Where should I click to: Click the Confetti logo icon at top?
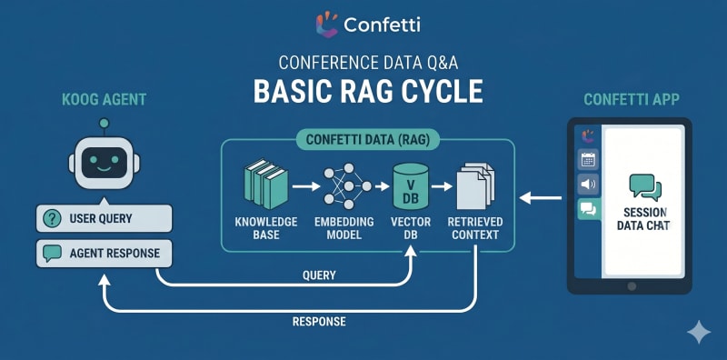pyautogui.click(x=327, y=25)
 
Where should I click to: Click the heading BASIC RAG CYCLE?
pyautogui.click(x=368, y=91)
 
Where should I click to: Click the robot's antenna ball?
pyautogui.click(x=105, y=123)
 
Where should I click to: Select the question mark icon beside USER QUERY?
pyautogui.click(x=52, y=218)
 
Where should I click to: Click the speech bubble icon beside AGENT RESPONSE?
pyautogui.click(x=52, y=254)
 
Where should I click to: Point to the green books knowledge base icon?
pyautogui.click(x=265, y=184)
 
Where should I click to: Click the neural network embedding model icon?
pyautogui.click(x=348, y=186)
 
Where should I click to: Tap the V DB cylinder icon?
pyautogui.click(x=411, y=186)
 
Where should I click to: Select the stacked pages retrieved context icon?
pyautogui.click(x=475, y=185)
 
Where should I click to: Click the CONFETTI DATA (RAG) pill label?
pyautogui.click(x=367, y=140)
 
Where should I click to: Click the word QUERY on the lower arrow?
pyautogui.click(x=319, y=275)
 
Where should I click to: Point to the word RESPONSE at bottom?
pyautogui.click(x=319, y=321)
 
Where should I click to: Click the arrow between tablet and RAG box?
pyautogui.click(x=541, y=198)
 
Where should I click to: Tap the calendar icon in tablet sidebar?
pyautogui.click(x=588, y=160)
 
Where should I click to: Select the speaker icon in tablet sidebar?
pyautogui.click(x=588, y=185)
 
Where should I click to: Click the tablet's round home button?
pyautogui.click(x=632, y=285)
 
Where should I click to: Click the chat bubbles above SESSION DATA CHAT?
pyautogui.click(x=645, y=187)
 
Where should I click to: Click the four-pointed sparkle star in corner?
pyautogui.click(x=699, y=332)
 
